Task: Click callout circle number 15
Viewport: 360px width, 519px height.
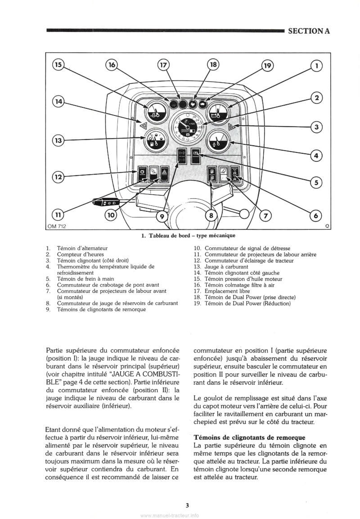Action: pyautogui.click(x=58, y=65)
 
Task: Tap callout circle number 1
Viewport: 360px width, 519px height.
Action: pyautogui.click(x=317, y=66)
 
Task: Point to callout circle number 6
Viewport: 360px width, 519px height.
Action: pyautogui.click(x=315, y=216)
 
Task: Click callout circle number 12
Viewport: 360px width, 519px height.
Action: pyautogui.click(x=58, y=177)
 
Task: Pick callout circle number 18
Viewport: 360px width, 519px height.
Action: pyautogui.click(x=213, y=65)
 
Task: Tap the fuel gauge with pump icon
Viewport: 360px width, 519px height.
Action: pyautogui.click(x=154, y=143)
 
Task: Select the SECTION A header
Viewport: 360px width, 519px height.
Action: pyautogui.click(x=308, y=31)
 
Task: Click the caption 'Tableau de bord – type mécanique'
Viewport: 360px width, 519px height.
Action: pyautogui.click(x=189, y=235)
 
